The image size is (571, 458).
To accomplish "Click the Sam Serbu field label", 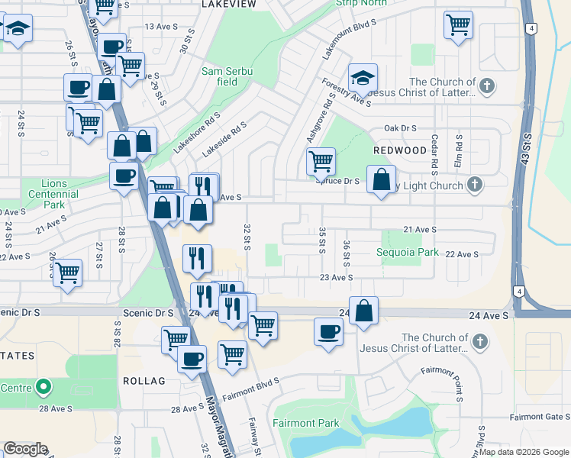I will tap(227, 76).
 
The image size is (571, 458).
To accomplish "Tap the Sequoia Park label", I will tap(407, 252).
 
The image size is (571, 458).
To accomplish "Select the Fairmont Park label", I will tap(305, 422).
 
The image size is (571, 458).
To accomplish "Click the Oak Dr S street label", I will tap(400, 128).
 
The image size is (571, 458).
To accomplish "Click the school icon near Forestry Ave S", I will tap(363, 77).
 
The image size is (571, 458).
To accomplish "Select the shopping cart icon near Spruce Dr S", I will tap(321, 161).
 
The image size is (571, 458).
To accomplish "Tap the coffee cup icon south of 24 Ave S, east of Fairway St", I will tap(329, 332).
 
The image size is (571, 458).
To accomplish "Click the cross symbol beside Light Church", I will tap(475, 185).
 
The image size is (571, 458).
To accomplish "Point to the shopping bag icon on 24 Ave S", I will tap(364, 310).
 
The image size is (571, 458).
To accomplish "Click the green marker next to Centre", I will tap(44, 387).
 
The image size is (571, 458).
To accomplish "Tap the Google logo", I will tap(25, 449).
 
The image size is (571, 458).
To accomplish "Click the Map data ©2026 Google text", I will tap(524, 452).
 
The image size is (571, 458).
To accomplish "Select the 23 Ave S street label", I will tap(336, 278).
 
